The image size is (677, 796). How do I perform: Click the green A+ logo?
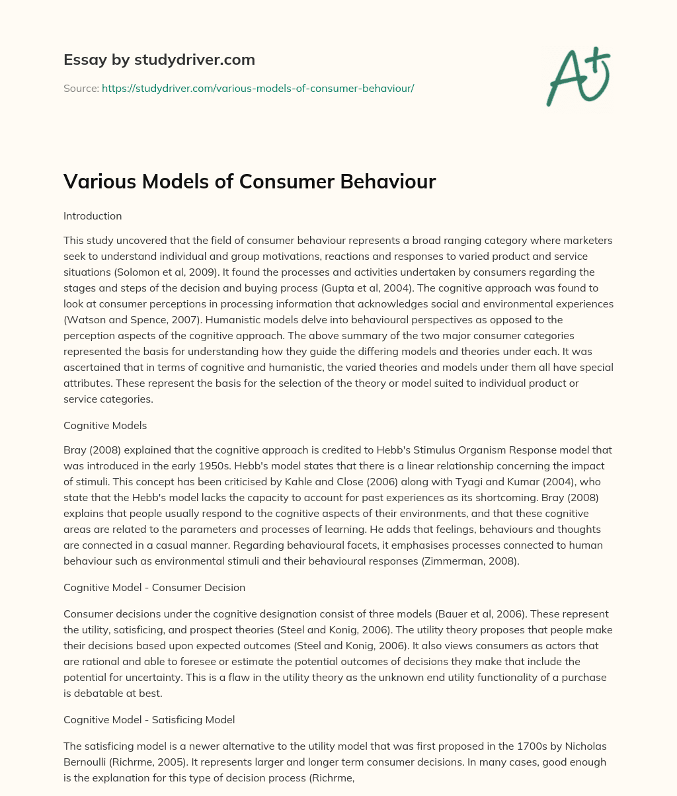click(x=577, y=77)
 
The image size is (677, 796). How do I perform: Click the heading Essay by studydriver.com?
click(x=159, y=60)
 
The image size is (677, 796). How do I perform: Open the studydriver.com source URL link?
click(x=258, y=88)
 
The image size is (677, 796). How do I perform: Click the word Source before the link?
click(x=80, y=88)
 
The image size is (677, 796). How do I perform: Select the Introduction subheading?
click(x=93, y=216)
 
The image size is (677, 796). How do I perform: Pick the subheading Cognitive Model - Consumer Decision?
click(x=154, y=587)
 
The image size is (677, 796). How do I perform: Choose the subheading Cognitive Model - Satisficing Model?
click(x=149, y=719)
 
